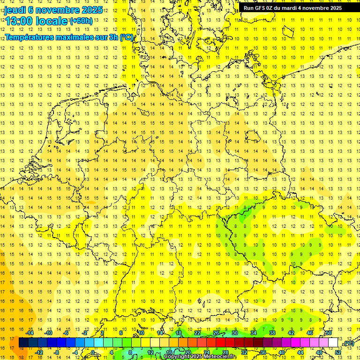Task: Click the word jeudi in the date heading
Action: [15, 10]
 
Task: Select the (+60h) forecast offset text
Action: [81, 21]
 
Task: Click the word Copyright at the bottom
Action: [176, 357]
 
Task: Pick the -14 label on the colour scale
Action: [31, 333]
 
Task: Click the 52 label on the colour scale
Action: [338, 352]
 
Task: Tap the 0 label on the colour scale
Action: [93, 352]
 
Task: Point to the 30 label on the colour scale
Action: [235, 333]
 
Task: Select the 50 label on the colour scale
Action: [329, 333]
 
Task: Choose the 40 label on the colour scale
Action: [282, 352]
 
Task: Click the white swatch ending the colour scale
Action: [333, 343]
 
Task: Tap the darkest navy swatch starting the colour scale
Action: [23, 343]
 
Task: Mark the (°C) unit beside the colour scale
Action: [348, 343]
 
